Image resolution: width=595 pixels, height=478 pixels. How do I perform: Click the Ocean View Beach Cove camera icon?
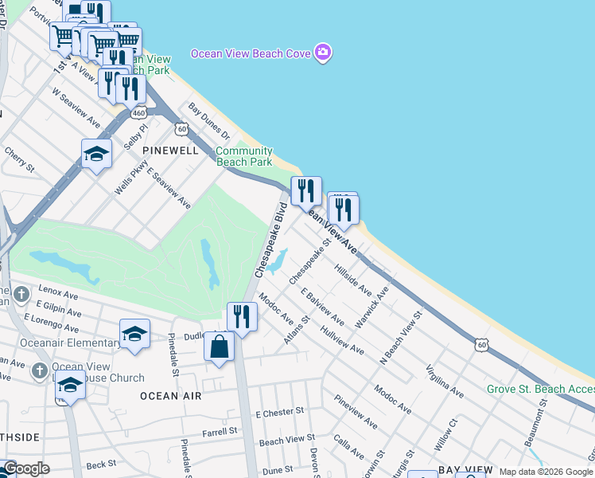[x=322, y=53]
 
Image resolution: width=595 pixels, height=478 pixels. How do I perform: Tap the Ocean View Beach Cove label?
[x=250, y=54]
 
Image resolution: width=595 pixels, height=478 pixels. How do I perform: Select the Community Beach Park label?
[x=244, y=156]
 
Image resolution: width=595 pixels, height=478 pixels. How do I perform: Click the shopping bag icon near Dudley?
[x=219, y=347]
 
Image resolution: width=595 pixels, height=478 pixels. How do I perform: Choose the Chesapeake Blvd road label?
[x=270, y=239]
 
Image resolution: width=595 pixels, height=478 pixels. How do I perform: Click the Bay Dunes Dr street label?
[x=208, y=119]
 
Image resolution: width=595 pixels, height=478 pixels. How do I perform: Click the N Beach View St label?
[x=402, y=335]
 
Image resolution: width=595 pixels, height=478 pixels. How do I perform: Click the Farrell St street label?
[x=220, y=431]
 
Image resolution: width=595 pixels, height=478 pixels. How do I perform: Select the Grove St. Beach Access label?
[x=540, y=389]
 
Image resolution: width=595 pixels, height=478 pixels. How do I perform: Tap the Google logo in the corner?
[x=25, y=469]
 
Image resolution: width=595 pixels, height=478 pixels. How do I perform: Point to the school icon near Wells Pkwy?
[x=96, y=154]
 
